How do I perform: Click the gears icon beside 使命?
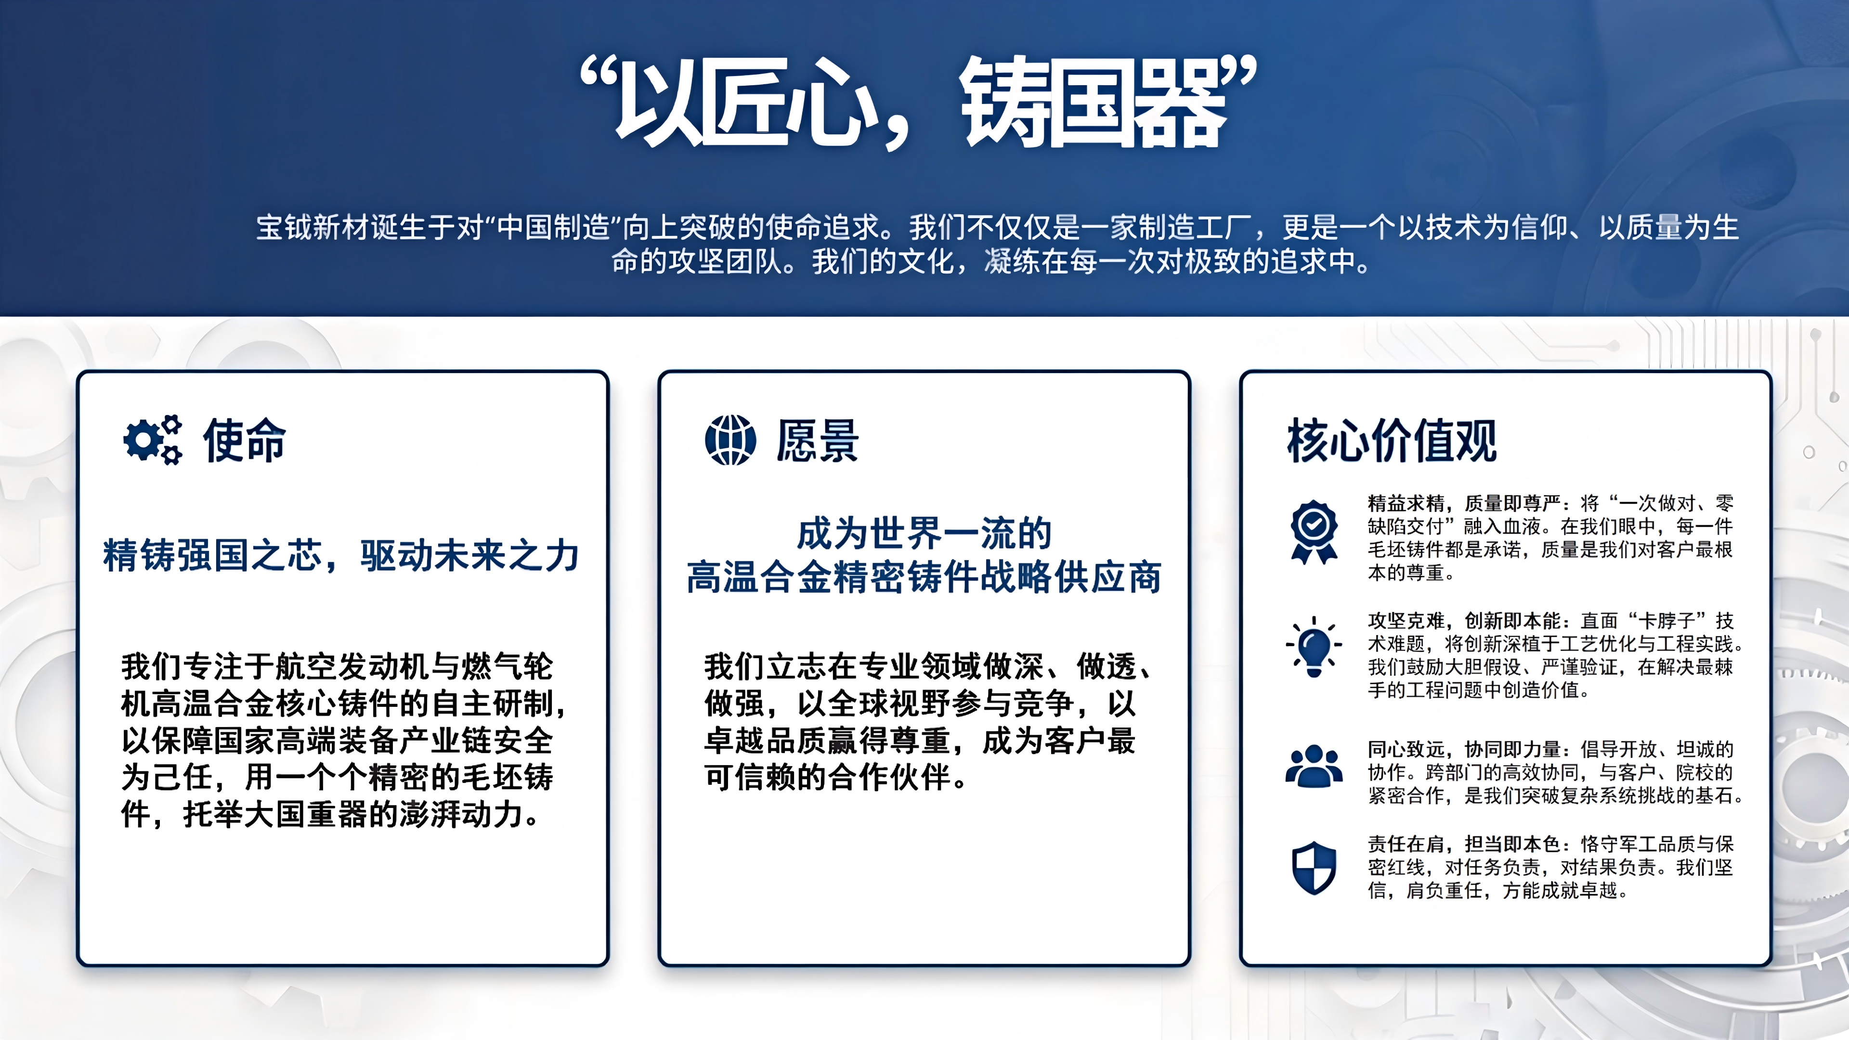tap(152, 439)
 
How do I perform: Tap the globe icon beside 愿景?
tap(730, 439)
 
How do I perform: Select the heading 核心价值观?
tap(1391, 440)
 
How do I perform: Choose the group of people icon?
tap(1314, 767)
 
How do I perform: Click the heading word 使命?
tap(245, 440)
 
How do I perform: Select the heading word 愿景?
tap(818, 440)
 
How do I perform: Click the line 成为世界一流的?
tap(924, 533)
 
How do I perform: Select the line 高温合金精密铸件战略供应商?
tap(924, 577)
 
